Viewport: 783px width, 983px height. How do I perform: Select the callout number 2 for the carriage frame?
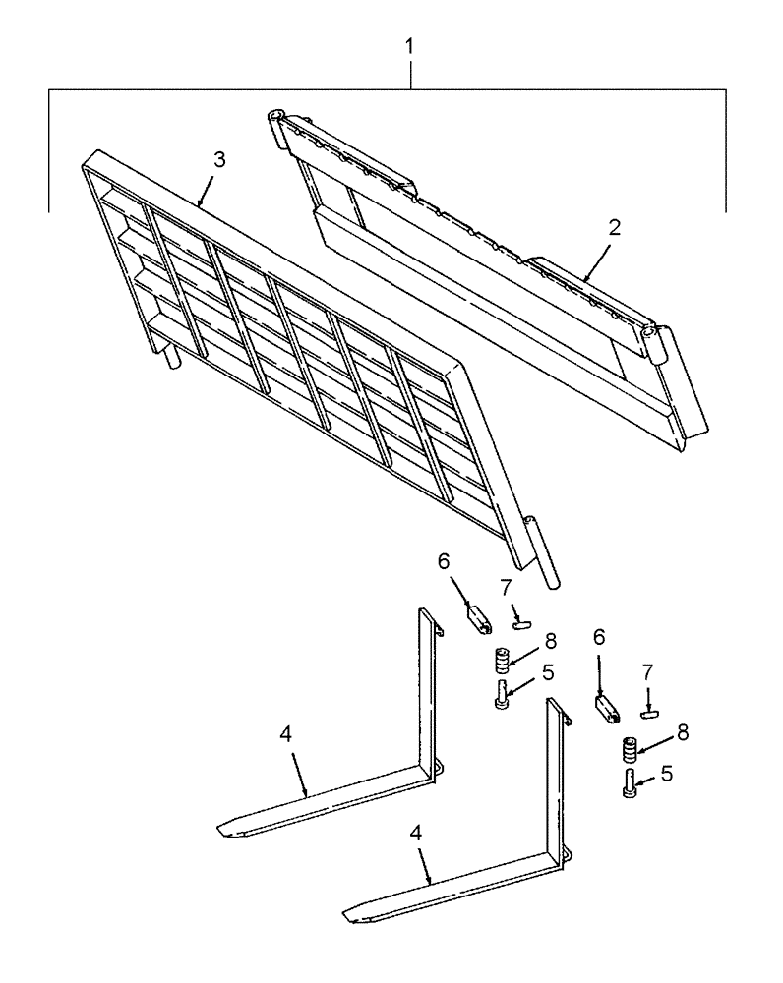click(x=614, y=228)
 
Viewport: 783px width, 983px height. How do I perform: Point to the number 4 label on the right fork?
click(x=415, y=833)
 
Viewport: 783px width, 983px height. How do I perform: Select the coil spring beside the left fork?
click(x=500, y=658)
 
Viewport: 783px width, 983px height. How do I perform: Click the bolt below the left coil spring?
click(x=503, y=694)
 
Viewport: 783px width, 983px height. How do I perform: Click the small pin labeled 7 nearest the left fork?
click(x=521, y=620)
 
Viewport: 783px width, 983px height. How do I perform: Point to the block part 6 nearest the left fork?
click(x=478, y=621)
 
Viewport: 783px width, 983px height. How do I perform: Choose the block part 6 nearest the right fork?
click(x=605, y=710)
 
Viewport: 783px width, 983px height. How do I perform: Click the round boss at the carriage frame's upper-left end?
click(x=276, y=120)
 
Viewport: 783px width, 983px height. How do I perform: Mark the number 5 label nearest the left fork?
click(x=548, y=673)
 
